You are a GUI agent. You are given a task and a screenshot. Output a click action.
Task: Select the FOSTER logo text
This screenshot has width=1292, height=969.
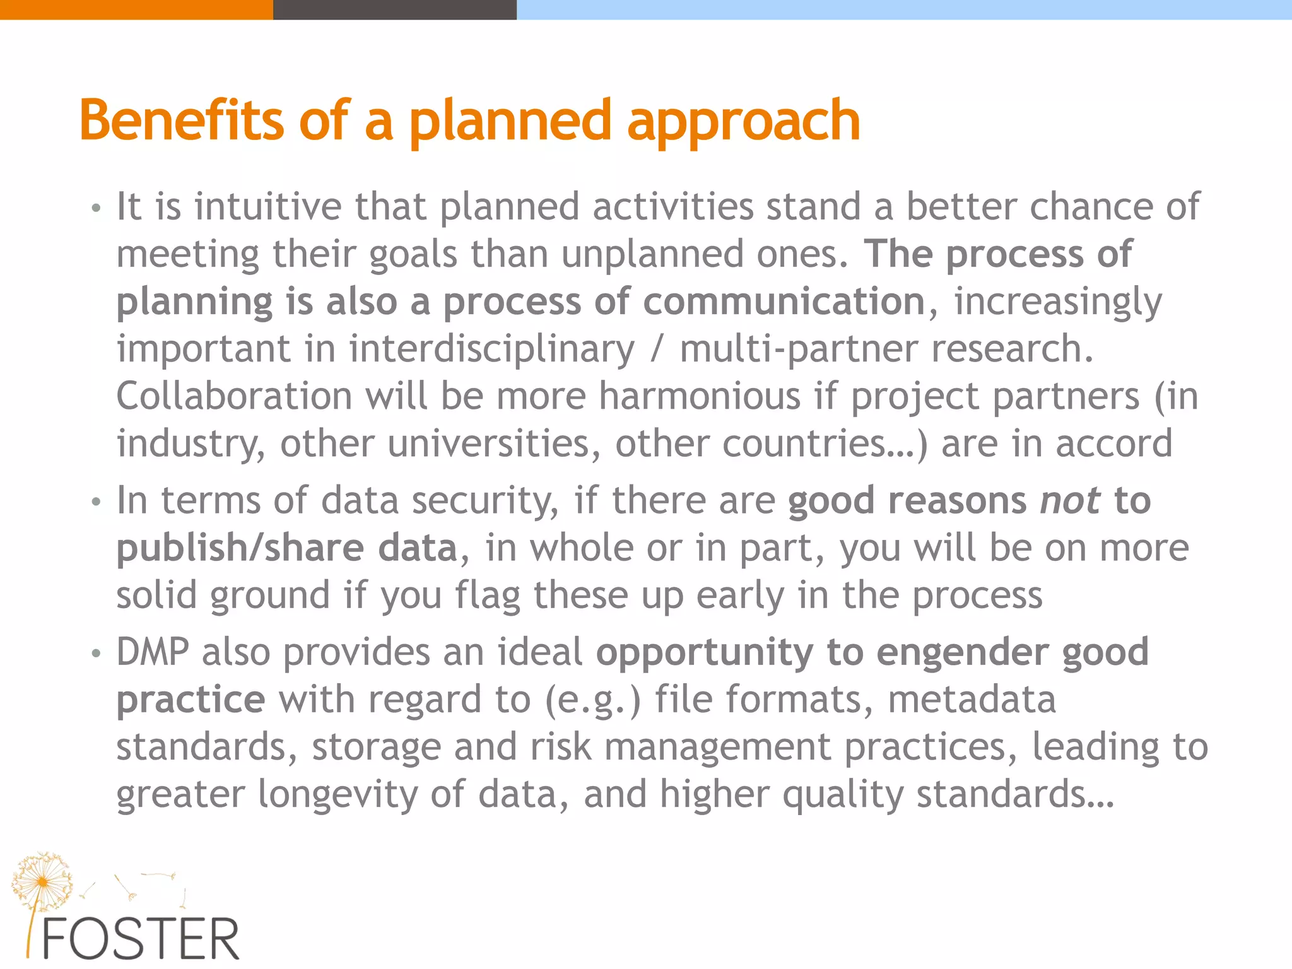(x=140, y=939)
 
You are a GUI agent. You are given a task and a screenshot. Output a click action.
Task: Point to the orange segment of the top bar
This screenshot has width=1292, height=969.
(x=136, y=9)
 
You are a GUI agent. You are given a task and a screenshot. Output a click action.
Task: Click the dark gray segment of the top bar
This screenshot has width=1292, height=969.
(x=394, y=9)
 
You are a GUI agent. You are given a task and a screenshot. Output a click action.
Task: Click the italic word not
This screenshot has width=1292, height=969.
(x=1070, y=501)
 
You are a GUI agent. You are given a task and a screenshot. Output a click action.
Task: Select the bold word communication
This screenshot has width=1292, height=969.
(x=784, y=302)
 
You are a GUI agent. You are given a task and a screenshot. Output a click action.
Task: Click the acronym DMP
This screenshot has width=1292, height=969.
(x=152, y=652)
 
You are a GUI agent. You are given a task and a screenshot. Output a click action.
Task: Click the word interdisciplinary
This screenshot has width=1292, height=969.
(x=491, y=349)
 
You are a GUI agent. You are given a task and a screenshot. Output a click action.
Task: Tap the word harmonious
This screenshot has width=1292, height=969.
(x=699, y=397)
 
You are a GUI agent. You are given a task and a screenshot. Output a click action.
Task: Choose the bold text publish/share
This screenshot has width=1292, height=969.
(x=240, y=548)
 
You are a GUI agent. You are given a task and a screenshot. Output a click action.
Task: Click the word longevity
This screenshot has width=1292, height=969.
(x=338, y=794)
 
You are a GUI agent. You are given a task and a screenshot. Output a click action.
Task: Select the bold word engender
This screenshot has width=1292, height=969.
(x=962, y=652)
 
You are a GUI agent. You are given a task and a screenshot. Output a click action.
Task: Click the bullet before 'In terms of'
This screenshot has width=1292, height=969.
(x=96, y=502)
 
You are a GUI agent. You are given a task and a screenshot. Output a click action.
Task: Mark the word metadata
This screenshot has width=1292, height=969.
(x=972, y=700)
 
